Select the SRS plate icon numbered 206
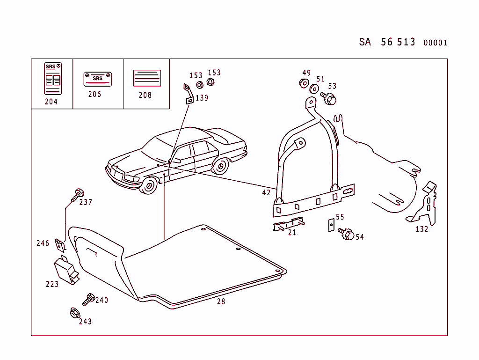97,79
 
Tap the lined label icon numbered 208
147,78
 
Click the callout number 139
202,98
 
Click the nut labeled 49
304,83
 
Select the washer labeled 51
315,89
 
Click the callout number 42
266,192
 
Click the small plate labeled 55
330,225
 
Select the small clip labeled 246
60,245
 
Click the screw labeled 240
88,299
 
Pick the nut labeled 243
74,313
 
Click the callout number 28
221,301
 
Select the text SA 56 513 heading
387,42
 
